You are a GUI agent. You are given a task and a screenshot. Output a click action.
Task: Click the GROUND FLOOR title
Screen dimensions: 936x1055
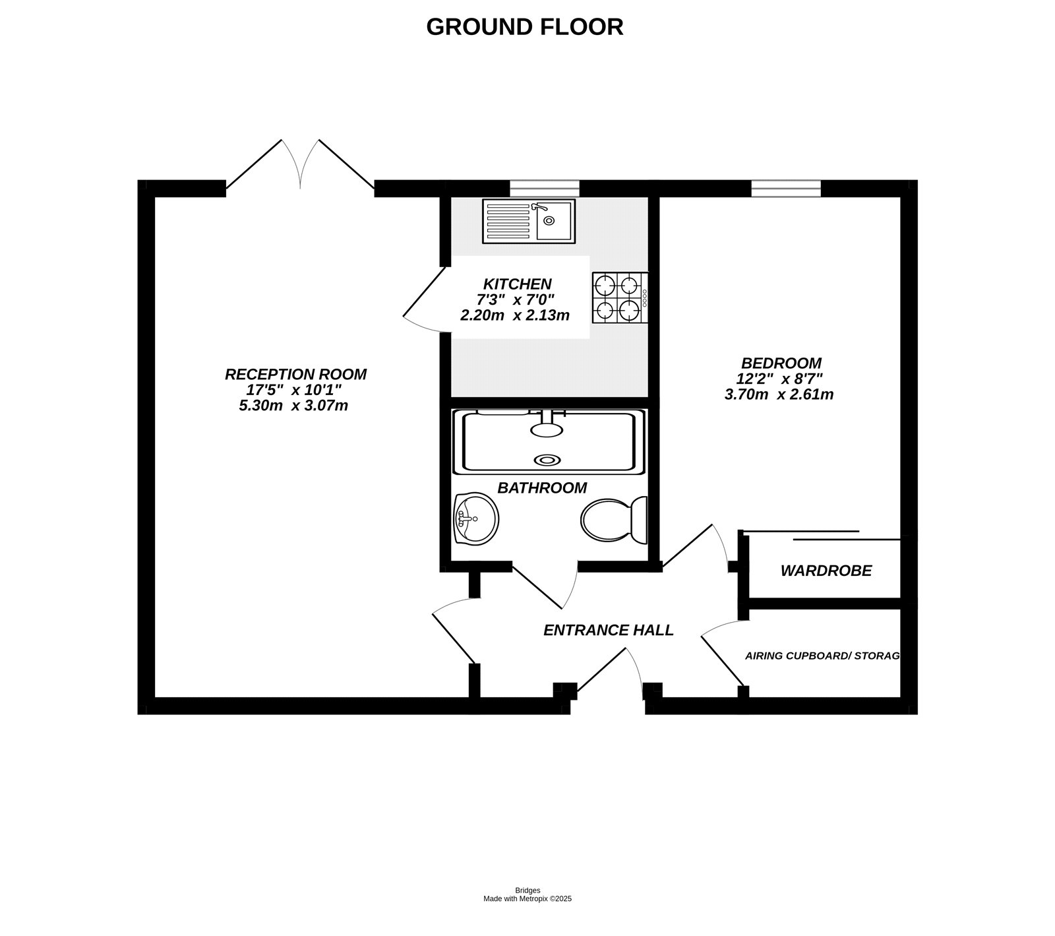[x=524, y=27]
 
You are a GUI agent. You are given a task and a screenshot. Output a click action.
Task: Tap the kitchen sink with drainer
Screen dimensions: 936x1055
[x=528, y=222]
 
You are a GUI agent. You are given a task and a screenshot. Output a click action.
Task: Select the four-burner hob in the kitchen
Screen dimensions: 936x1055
[x=620, y=297]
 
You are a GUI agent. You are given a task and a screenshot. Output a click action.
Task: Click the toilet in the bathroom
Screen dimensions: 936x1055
[x=613, y=520]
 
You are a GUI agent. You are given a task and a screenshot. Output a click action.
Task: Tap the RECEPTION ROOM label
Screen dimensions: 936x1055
[x=295, y=374]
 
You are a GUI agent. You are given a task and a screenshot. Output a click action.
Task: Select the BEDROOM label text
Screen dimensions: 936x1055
[x=781, y=363]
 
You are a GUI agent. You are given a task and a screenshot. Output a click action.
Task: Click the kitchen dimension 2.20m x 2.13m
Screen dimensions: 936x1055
[x=514, y=315]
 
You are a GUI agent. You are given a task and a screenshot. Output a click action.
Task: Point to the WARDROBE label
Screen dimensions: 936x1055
[x=826, y=571]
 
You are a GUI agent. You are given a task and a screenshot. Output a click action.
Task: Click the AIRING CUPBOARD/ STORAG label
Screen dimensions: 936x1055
[x=822, y=656]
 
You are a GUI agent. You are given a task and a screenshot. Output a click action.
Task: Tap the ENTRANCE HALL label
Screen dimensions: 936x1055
[x=608, y=630]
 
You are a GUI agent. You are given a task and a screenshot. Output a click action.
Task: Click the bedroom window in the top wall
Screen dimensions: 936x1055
[x=786, y=189]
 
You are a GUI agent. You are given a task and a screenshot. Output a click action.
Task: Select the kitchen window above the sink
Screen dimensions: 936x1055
[x=544, y=189]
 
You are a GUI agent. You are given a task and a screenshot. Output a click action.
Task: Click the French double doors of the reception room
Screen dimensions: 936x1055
[x=301, y=168]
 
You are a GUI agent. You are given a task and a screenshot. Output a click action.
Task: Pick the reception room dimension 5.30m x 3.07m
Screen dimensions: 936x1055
[x=293, y=406]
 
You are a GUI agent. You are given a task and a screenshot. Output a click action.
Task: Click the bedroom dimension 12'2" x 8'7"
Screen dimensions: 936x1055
[x=779, y=379]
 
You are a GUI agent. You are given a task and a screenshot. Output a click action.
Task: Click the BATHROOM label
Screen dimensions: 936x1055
[x=541, y=488]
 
